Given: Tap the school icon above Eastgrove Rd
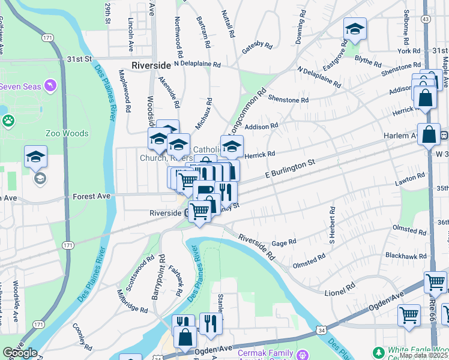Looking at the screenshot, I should (x=355, y=29).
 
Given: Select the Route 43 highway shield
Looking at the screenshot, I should (x=426, y=19).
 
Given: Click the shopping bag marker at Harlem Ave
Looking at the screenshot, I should (x=429, y=134).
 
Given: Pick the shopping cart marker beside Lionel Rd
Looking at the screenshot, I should (x=435, y=282).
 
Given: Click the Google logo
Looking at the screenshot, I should (x=20, y=353).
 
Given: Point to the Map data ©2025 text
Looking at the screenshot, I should (x=424, y=356).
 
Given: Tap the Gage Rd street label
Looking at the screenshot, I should (x=284, y=243).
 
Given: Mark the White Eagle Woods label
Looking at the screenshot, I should (x=417, y=350).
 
